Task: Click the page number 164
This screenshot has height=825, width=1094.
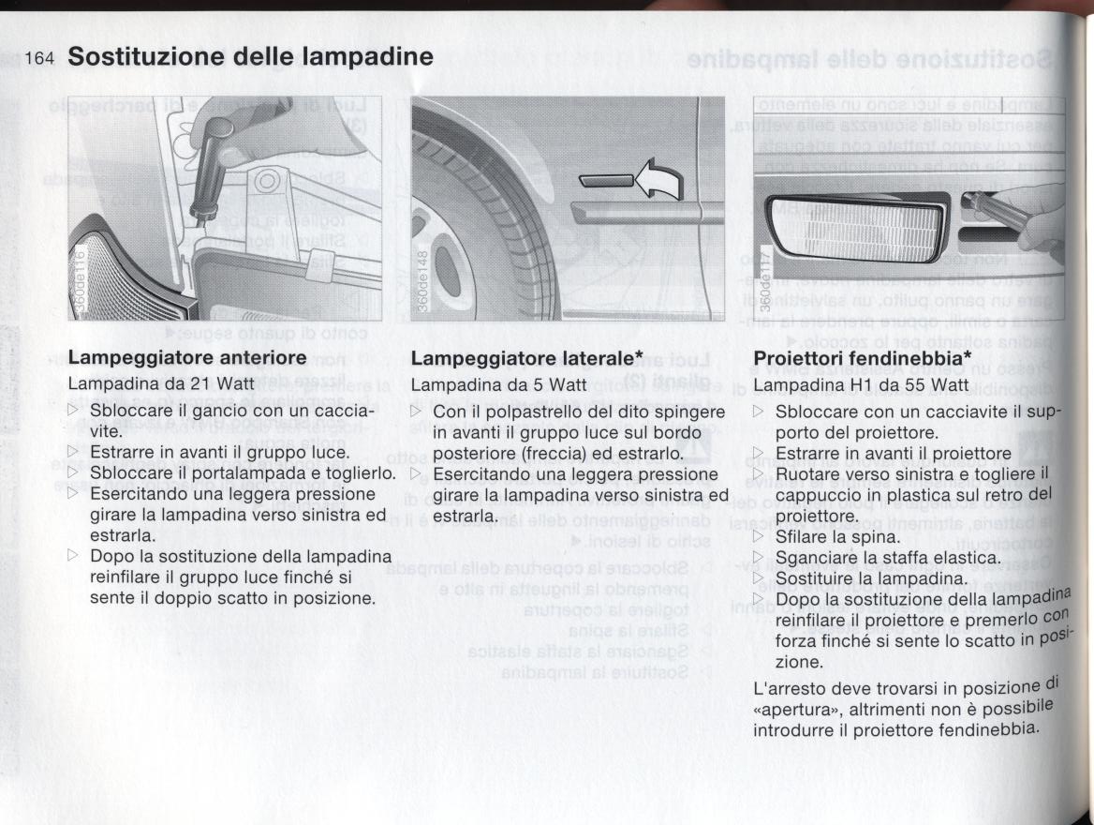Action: pos(39,58)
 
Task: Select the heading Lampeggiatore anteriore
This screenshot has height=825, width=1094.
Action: pos(187,358)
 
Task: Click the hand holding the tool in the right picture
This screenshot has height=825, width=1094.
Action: pos(1035,216)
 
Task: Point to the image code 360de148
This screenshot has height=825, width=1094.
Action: pos(423,281)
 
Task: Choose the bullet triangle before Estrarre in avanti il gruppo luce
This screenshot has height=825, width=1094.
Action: pos(75,454)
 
